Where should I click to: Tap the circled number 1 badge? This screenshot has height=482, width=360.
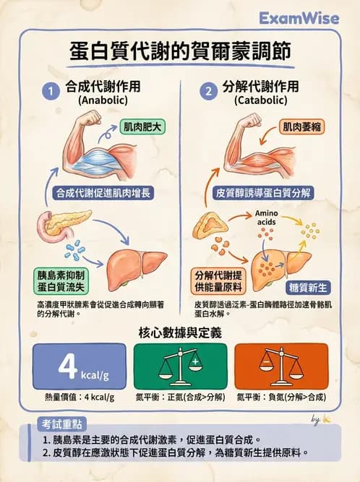(x=51, y=92)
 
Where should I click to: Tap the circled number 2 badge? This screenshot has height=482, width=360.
(x=208, y=92)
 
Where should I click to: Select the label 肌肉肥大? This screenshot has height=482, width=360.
(x=142, y=126)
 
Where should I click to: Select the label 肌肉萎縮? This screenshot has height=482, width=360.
(x=301, y=126)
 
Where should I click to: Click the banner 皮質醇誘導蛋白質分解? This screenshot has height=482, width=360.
(x=263, y=193)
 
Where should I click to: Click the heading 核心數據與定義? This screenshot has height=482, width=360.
(x=180, y=332)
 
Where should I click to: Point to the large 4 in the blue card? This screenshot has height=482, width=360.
(x=67, y=366)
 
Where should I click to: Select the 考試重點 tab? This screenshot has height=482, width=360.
(x=65, y=423)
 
